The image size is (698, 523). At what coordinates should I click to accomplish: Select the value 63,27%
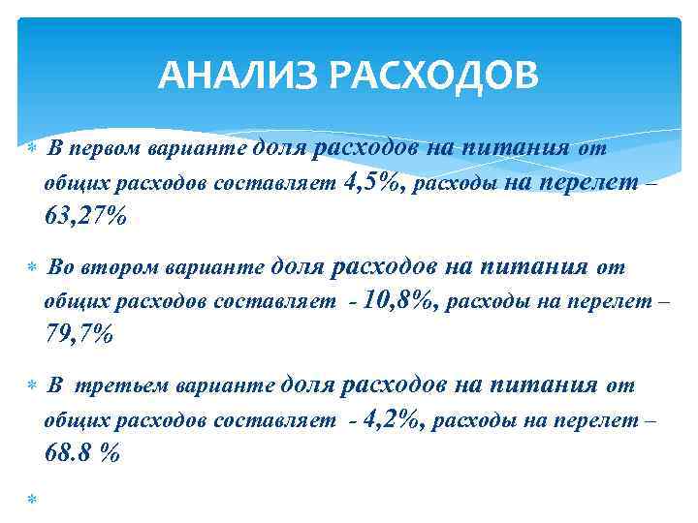tap(85, 217)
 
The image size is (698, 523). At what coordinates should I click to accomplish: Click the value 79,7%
tap(79, 335)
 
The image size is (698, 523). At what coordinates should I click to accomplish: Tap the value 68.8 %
tap(82, 452)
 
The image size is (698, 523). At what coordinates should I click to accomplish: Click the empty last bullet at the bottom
tap(30, 498)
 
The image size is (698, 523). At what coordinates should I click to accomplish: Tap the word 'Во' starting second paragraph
tap(59, 268)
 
